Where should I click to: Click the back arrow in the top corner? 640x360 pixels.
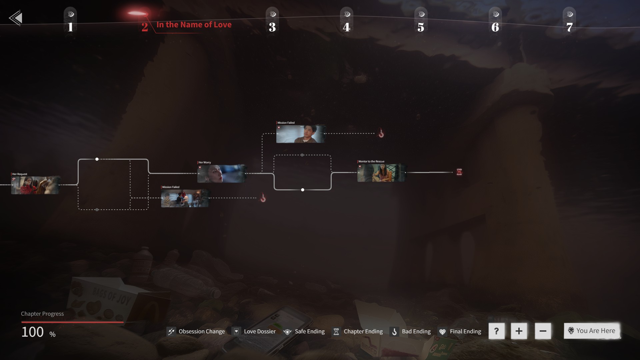pos(16,18)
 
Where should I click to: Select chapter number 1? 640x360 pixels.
pos(70,27)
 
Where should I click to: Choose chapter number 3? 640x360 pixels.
pos(272,27)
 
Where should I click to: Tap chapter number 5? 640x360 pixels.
pos(421,27)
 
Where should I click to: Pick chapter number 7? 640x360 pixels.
pos(569,27)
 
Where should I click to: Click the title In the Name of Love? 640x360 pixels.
pos(194,25)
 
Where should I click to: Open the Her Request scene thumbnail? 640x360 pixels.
pos(35,185)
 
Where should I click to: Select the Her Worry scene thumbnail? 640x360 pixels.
pos(221,173)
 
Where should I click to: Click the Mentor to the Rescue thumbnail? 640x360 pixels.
pos(381,173)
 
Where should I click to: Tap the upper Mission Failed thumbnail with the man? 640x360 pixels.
pos(300,134)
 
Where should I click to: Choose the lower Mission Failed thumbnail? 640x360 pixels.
pos(185,198)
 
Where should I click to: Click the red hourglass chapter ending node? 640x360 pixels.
pos(459,172)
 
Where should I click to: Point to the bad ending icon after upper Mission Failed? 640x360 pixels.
pos(381,134)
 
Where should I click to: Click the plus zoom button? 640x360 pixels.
pos(519,331)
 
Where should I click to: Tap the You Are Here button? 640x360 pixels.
pos(592,331)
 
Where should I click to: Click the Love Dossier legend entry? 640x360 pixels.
pos(255,331)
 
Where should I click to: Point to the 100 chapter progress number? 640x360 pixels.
pos(33,332)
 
